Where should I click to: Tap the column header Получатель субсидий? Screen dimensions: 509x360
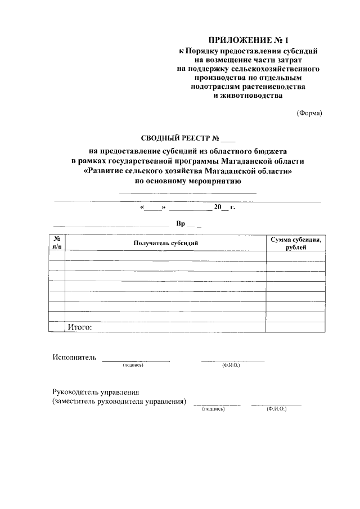(x=166, y=243)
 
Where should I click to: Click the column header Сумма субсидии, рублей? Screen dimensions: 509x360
(x=295, y=243)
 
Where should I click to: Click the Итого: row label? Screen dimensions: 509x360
(x=79, y=327)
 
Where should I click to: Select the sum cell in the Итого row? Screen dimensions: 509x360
(x=295, y=327)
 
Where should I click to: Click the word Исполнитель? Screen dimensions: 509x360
(x=74, y=357)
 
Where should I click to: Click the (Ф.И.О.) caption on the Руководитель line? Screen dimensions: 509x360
(x=277, y=409)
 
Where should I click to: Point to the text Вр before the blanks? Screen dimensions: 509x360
(x=181, y=224)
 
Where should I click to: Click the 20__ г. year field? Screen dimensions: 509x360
(x=224, y=208)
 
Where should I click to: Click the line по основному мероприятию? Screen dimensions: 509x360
(x=188, y=181)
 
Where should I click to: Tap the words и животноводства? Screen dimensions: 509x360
(x=248, y=96)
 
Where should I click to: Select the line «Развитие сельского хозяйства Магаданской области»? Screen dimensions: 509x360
(x=188, y=170)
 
